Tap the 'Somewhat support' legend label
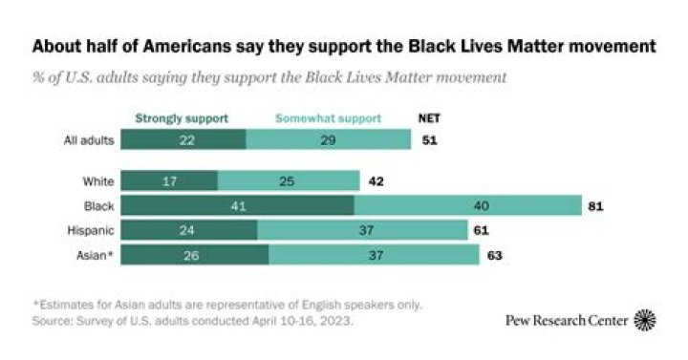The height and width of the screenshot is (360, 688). click(328, 118)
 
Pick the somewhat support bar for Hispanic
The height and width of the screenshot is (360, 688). click(361, 230)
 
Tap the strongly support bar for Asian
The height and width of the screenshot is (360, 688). click(194, 255)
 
